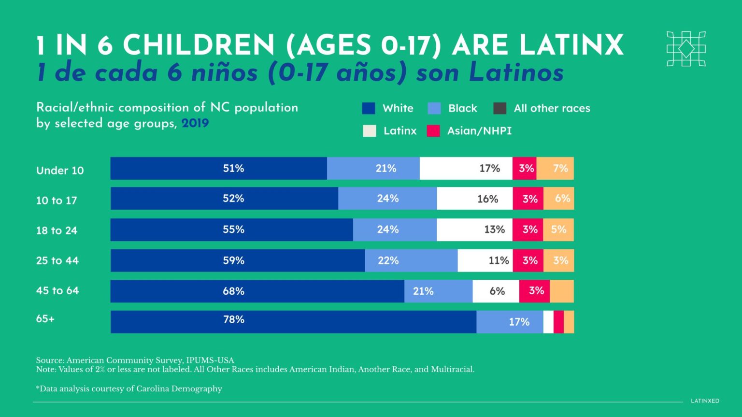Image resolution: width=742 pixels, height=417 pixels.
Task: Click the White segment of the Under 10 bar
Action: [218, 168]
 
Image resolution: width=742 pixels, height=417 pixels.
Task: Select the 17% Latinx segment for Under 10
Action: [466, 168]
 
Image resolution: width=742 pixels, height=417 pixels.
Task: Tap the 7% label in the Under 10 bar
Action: [560, 168]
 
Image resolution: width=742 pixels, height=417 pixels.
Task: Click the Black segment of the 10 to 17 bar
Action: [387, 199]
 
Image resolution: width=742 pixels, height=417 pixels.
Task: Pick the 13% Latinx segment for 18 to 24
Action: [474, 230]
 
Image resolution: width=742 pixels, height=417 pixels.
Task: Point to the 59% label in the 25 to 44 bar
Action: [233, 260]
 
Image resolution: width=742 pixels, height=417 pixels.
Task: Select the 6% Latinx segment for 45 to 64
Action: [496, 291]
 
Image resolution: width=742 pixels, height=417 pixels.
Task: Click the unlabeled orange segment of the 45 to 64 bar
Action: [561, 291]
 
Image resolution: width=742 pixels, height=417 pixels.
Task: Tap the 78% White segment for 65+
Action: [293, 322]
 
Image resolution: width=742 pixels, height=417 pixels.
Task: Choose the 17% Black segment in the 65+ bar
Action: [510, 322]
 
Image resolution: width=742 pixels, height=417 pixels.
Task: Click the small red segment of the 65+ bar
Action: [558, 322]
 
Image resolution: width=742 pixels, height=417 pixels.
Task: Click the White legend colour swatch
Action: [369, 108]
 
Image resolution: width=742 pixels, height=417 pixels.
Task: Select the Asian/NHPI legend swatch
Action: [433, 131]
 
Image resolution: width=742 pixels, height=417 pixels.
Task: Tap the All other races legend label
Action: [552, 108]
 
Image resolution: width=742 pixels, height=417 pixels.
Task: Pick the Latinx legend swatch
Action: [370, 131]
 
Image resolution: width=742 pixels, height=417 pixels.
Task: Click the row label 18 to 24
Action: [57, 230]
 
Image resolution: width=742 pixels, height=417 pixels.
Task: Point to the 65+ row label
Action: [45, 319]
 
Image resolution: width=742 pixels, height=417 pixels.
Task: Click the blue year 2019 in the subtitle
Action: [195, 123]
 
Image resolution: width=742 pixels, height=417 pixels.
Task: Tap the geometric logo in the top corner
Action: [686, 49]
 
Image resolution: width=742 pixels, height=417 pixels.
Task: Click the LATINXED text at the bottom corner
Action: [705, 401]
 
